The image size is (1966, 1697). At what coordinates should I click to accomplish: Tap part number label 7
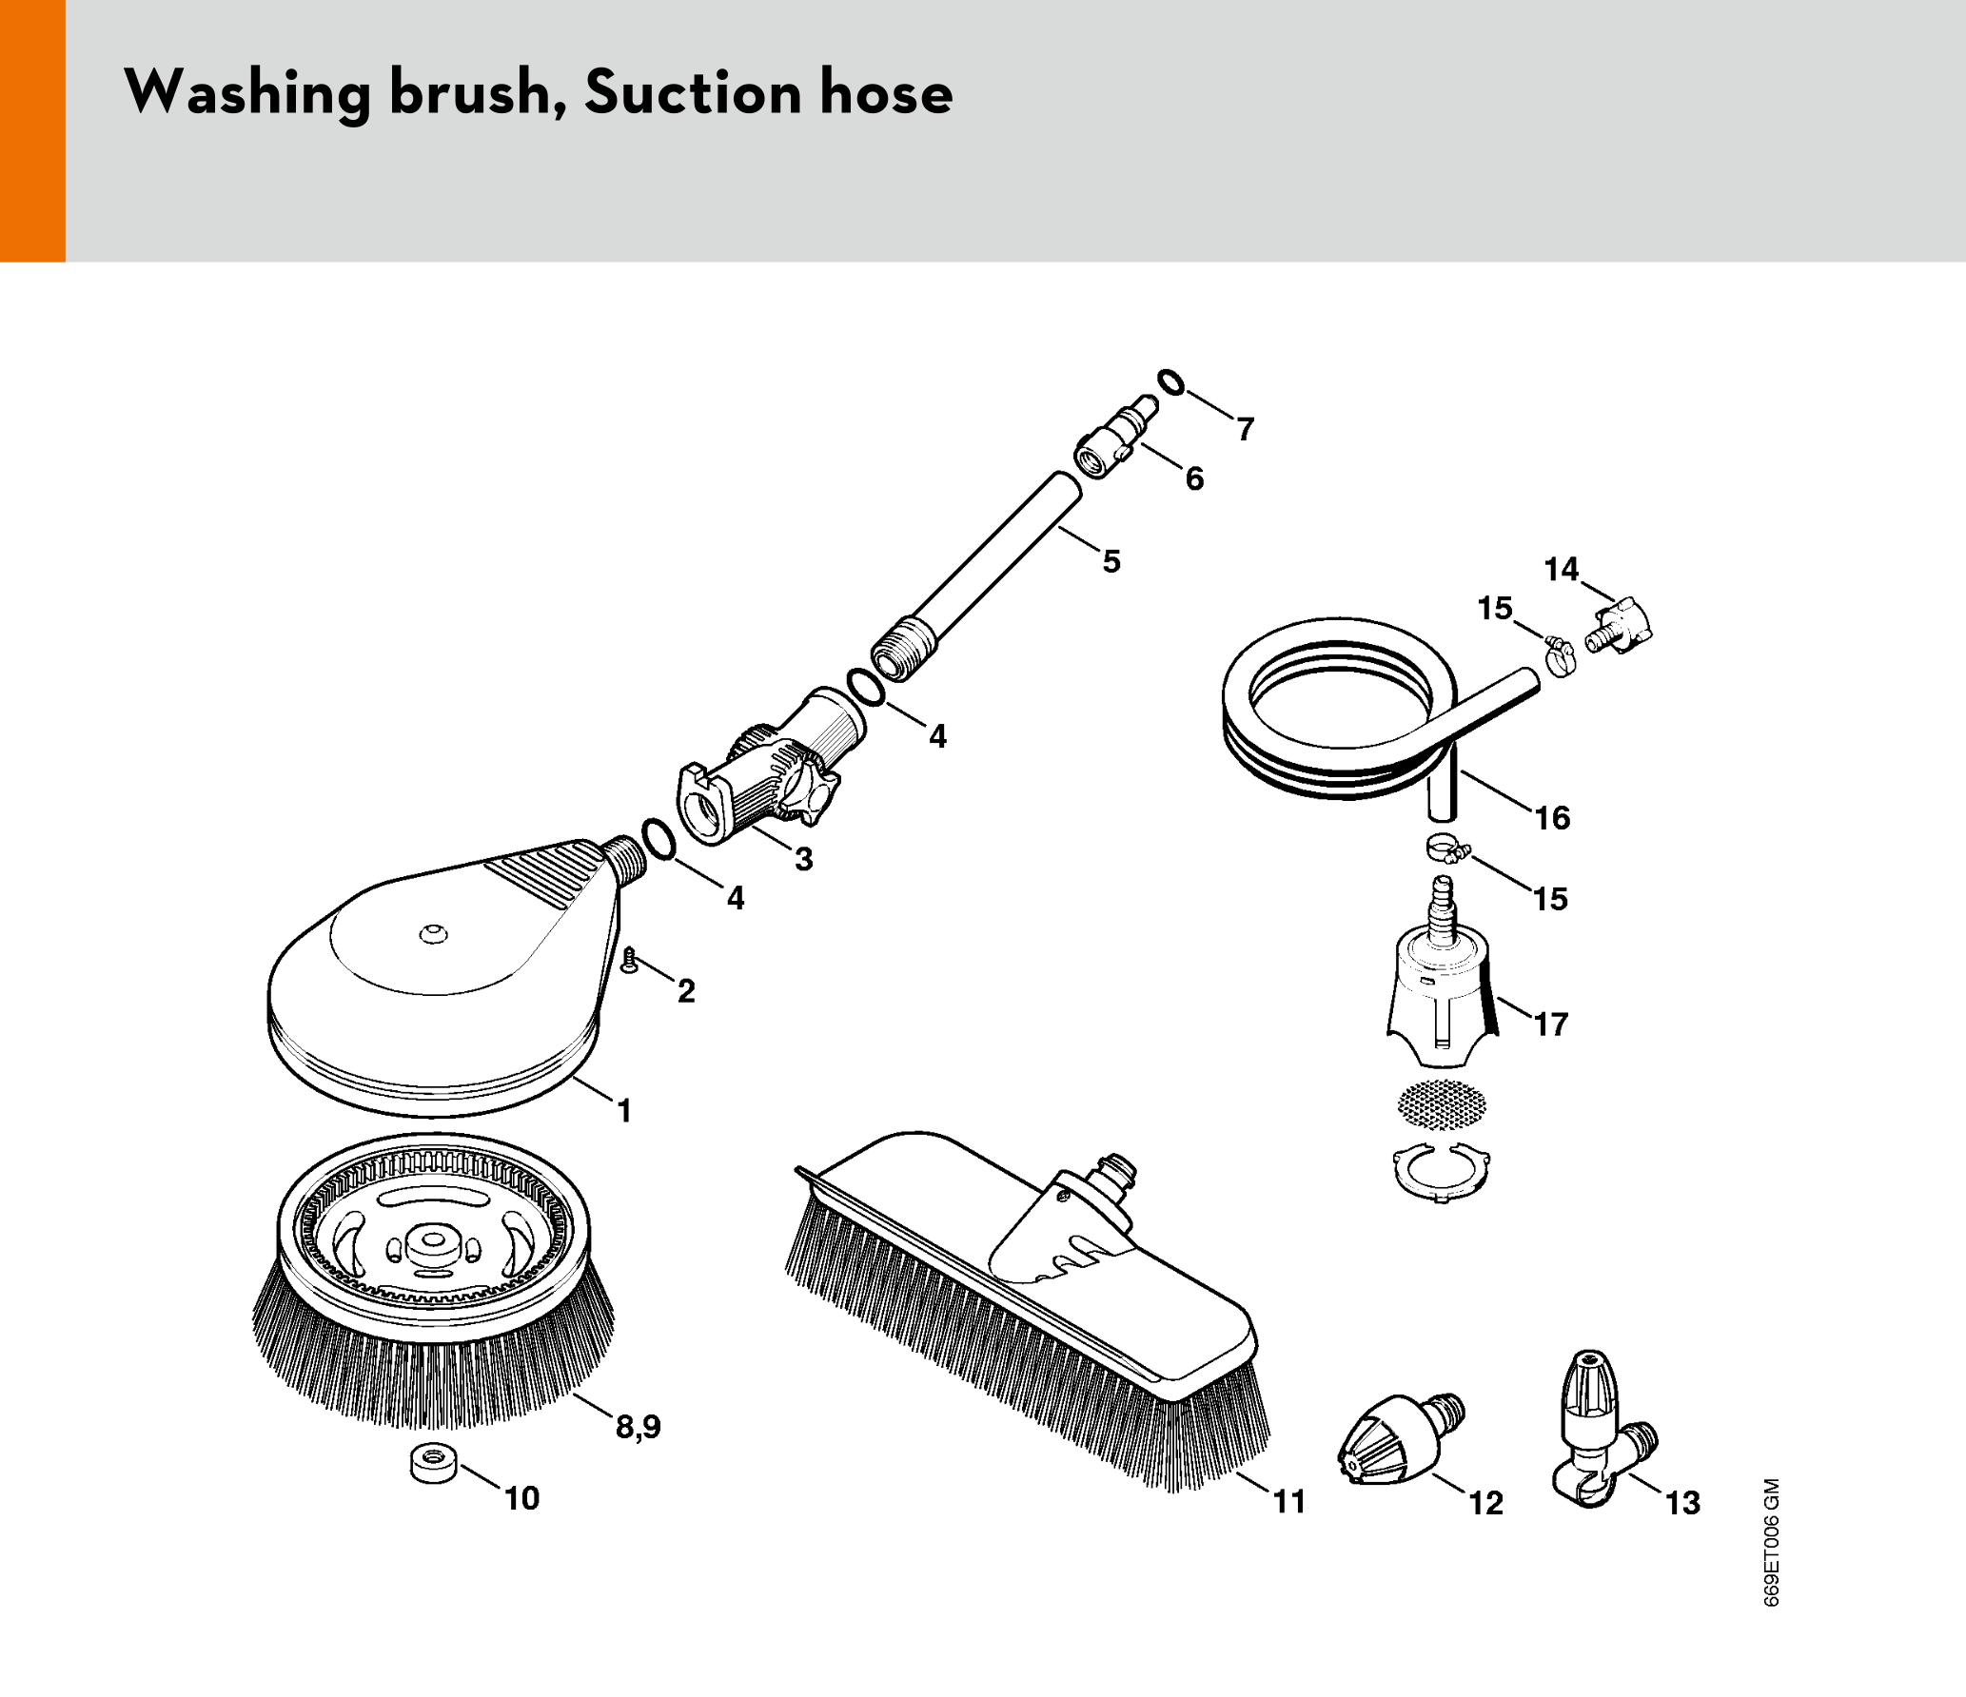point(1246,430)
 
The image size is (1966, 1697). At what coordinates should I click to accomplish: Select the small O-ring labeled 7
point(1171,381)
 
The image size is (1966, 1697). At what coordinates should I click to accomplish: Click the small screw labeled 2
point(628,961)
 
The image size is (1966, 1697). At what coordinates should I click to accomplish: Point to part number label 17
point(1550,1024)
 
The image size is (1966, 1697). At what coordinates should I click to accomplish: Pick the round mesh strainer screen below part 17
point(1441,1104)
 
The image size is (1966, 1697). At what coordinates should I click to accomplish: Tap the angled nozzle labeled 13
point(1599,1427)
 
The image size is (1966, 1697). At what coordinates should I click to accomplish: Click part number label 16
point(1552,818)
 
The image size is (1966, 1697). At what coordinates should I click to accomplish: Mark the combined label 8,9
point(638,1427)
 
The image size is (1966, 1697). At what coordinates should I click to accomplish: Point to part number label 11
point(1289,1502)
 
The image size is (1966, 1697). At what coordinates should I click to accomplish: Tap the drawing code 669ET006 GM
point(1771,1542)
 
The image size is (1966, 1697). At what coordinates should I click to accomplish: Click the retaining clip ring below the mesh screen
point(1441,1178)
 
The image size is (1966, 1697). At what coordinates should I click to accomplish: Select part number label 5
point(1111,561)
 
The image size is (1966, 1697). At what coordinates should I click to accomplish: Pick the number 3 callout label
point(804,860)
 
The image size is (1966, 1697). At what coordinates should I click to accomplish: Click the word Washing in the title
point(247,93)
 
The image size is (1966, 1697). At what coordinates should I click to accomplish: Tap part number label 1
point(624,1111)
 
